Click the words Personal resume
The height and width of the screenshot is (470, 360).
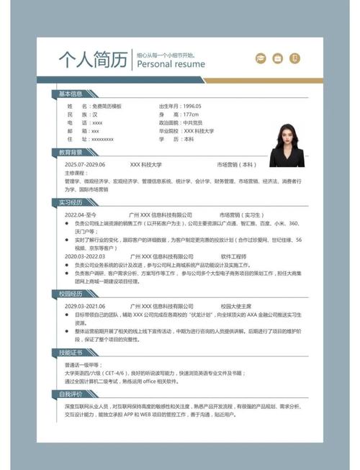coord(170,64)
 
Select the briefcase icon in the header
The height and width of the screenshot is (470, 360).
coord(277,58)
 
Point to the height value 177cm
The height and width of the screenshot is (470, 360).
coord(190,114)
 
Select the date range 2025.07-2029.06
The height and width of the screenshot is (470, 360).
coord(85,165)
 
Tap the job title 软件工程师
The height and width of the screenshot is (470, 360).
coord(233,256)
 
